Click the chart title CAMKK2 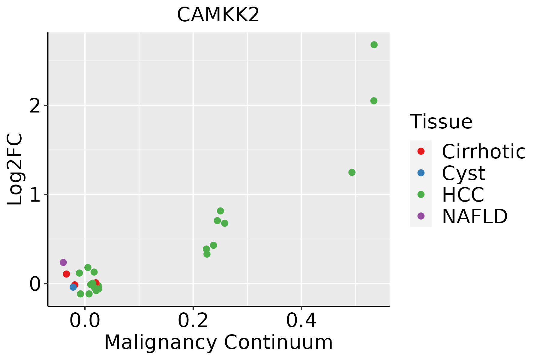(218, 15)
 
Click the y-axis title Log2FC (15, 169)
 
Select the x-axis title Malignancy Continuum (218, 342)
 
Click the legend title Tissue (441, 122)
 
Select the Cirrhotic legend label (483, 151)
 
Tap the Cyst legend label (463, 173)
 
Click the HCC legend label (463, 194)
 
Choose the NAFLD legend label (475, 216)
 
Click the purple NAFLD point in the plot (63, 262)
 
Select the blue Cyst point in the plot (73, 287)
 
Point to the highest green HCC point (374, 45)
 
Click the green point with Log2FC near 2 (373, 101)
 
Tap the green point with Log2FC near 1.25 (352, 172)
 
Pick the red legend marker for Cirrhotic (421, 151)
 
